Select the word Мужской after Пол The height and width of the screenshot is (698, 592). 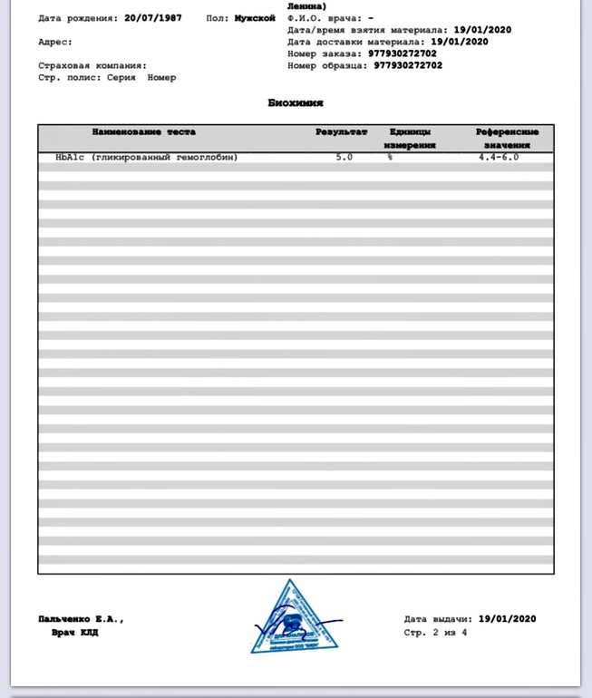[x=253, y=18]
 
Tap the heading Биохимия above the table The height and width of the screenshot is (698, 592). [x=296, y=103]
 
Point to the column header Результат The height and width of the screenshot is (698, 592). [x=342, y=132]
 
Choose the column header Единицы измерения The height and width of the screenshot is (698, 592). [x=410, y=138]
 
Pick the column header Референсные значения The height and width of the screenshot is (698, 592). [x=507, y=138]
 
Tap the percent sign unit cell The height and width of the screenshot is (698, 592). [x=391, y=158]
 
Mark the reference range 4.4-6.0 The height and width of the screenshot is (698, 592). [x=499, y=158]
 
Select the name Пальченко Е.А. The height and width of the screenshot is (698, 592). [x=81, y=619]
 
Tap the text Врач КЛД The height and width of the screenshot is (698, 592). [x=74, y=632]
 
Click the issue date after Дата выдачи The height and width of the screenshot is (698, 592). [x=507, y=619]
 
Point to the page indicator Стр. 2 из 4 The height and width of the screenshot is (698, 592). [x=436, y=632]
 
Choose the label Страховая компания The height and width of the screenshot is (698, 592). [x=92, y=65]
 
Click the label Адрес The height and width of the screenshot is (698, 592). [x=55, y=42]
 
